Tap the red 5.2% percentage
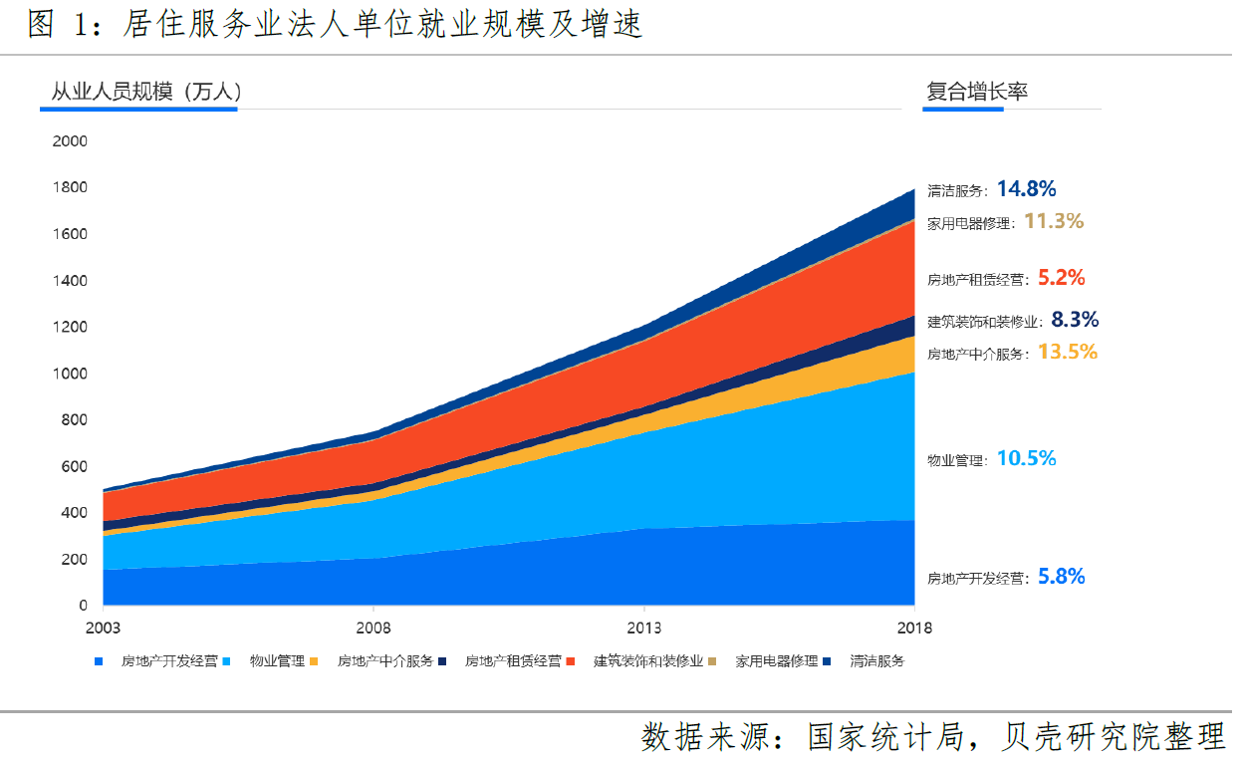[x=1061, y=278]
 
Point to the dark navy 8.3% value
[x=1075, y=320]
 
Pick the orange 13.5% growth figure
[x=1067, y=352]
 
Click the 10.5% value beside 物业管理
[x=1026, y=459]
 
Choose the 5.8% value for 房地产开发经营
[x=1061, y=577]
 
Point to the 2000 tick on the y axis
[x=70, y=142]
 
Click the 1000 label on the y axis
[x=70, y=375]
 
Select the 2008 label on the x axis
[x=373, y=629]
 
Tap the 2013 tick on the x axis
[x=643, y=629]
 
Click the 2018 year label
[x=913, y=629]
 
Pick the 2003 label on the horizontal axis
[x=104, y=629]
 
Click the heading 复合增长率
[x=976, y=93]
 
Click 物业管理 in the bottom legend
[x=277, y=661]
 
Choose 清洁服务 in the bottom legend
[x=876, y=661]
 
